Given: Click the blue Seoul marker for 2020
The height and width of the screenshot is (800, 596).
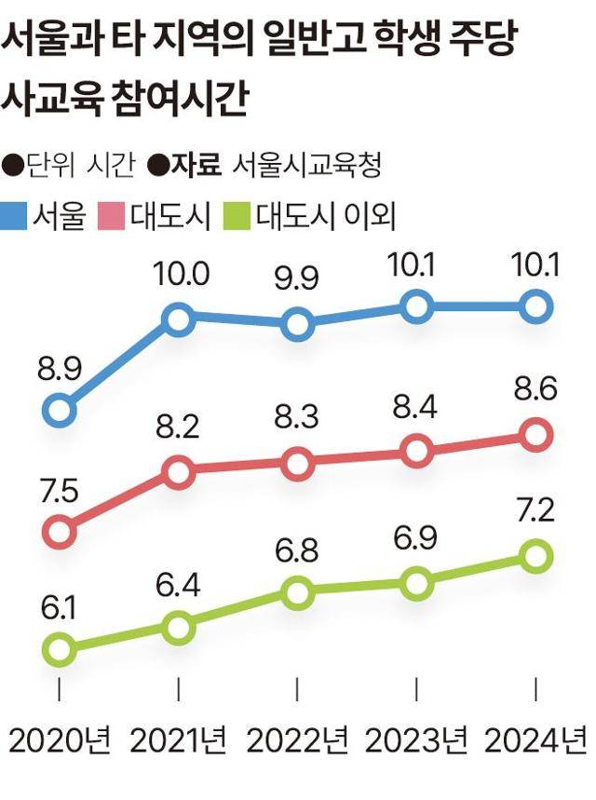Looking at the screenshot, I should (x=59, y=409).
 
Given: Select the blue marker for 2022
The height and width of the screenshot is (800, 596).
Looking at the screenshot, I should (x=297, y=325).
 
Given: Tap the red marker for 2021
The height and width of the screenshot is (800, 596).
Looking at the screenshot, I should (x=178, y=472).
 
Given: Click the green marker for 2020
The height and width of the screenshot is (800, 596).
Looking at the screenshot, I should (x=59, y=648).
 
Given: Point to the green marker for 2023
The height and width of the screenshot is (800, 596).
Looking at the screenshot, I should (x=416, y=584).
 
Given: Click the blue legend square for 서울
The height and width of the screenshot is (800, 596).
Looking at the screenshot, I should (x=15, y=216).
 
